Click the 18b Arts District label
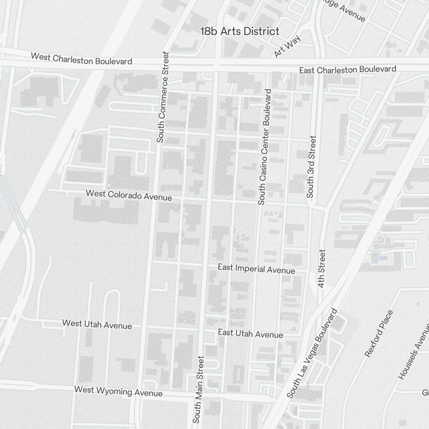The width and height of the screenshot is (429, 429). point(240,31)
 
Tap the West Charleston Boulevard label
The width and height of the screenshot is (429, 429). point(82,59)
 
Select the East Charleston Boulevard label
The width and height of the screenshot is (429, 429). point(347,69)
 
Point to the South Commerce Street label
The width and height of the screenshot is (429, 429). point(163,97)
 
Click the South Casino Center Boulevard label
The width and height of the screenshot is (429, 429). point(265,147)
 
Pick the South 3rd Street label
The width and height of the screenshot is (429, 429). point(311,167)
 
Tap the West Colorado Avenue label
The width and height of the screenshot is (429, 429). point(129,195)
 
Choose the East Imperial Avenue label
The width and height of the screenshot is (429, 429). point(256,269)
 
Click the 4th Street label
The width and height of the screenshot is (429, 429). point(323,268)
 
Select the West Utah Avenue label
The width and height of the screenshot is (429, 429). point(97,324)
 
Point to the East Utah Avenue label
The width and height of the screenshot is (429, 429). point(251,333)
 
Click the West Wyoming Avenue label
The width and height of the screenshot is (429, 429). point(118,391)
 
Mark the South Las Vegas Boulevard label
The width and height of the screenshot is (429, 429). point(312,353)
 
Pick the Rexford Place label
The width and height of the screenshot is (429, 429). point(379,334)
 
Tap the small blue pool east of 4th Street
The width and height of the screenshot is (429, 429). point(383,259)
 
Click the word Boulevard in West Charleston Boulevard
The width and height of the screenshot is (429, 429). point(113,61)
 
